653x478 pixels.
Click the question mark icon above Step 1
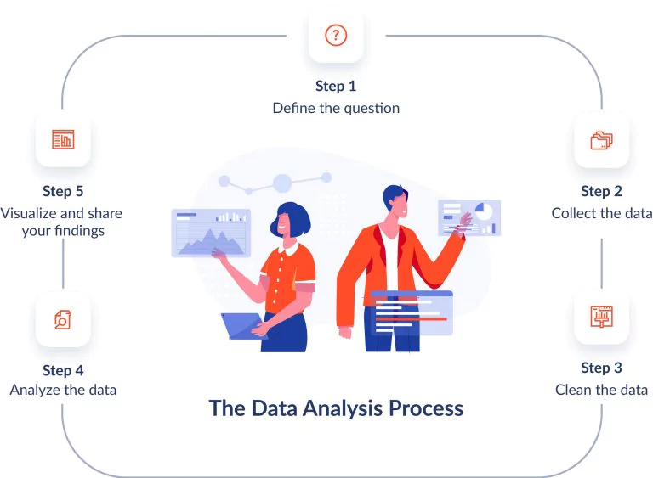pyautogui.click(x=336, y=36)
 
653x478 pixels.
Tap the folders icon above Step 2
pyautogui.click(x=601, y=140)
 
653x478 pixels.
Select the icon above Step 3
pyautogui.click(x=601, y=317)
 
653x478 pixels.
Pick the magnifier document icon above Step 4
pyautogui.click(x=63, y=319)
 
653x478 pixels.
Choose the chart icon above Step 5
pyautogui.click(x=63, y=139)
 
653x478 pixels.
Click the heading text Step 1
pyautogui.click(x=336, y=86)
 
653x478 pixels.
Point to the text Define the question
pyautogui.click(x=336, y=108)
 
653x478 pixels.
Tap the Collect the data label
pyautogui.click(x=602, y=213)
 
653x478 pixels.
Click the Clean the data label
pyautogui.click(x=601, y=390)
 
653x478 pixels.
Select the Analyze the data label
pyautogui.click(x=63, y=390)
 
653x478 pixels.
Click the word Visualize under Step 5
pyautogui.click(x=30, y=213)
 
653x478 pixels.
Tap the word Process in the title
pyautogui.click(x=426, y=408)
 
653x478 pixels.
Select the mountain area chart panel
pyautogui.click(x=211, y=233)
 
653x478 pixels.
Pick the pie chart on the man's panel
pyautogui.click(x=484, y=211)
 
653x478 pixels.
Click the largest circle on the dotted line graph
pyautogui.click(x=282, y=183)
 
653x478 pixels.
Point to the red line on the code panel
pyautogui.click(x=411, y=319)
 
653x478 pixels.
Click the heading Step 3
pyautogui.click(x=601, y=368)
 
